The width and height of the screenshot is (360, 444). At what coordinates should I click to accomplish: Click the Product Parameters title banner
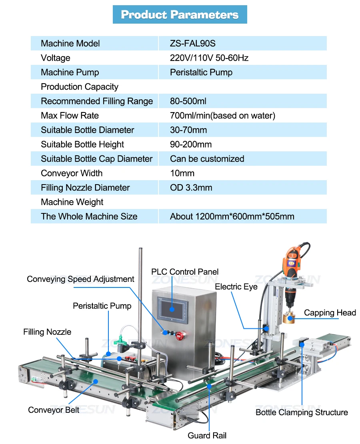[180, 15]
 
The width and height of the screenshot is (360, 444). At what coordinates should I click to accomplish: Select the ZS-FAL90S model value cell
[193, 43]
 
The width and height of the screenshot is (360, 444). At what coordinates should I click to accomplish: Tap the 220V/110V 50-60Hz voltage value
[209, 58]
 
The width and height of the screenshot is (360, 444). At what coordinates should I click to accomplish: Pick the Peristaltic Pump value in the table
[201, 72]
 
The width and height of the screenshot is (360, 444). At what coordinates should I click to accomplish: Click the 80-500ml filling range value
[188, 101]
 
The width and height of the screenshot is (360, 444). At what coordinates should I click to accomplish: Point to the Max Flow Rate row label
[70, 115]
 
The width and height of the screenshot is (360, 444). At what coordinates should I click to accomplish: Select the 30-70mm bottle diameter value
[188, 130]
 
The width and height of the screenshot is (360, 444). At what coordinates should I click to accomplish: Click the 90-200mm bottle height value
[191, 144]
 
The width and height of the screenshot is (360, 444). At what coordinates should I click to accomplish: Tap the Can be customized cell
[207, 159]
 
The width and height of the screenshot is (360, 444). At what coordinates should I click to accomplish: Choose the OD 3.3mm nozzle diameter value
[191, 187]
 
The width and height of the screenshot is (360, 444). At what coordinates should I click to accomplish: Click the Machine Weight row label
[72, 202]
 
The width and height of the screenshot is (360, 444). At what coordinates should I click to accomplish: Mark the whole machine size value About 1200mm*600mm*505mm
[232, 216]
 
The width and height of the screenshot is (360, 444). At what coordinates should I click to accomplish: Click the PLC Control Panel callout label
[185, 272]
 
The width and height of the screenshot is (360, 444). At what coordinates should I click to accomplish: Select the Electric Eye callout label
[236, 287]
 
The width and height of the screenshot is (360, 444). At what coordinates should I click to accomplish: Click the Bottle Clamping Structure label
[302, 412]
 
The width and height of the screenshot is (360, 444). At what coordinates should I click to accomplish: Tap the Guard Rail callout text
[207, 435]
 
